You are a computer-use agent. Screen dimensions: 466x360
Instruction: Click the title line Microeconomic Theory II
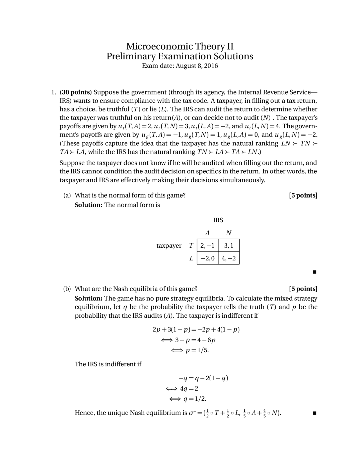coord(180,46)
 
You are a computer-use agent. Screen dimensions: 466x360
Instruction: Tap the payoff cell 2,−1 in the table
coord(207,246)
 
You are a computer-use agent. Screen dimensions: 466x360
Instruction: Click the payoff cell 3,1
coord(229,246)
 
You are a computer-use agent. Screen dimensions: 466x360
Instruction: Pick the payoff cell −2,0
coord(207,258)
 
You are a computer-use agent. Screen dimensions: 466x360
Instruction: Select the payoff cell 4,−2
coord(229,258)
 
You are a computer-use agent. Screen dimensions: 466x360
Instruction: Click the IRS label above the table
coord(218,220)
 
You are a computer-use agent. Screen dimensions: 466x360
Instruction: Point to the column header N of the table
coord(229,233)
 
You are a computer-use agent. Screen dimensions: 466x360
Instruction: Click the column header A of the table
coord(207,233)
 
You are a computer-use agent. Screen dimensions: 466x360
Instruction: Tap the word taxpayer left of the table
coord(169,246)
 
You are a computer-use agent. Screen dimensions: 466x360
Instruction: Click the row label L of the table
coord(191,258)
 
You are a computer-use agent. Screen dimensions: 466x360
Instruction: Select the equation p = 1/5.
coord(197,350)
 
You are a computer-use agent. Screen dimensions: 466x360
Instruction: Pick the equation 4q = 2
coord(189,389)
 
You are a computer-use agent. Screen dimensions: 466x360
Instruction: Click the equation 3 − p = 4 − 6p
coord(195,340)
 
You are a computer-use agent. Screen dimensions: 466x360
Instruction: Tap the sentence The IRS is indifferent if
coord(108,364)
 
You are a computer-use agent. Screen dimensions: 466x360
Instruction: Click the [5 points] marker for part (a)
coord(303,195)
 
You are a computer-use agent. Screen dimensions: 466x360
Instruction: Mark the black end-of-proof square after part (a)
coord(314,272)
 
